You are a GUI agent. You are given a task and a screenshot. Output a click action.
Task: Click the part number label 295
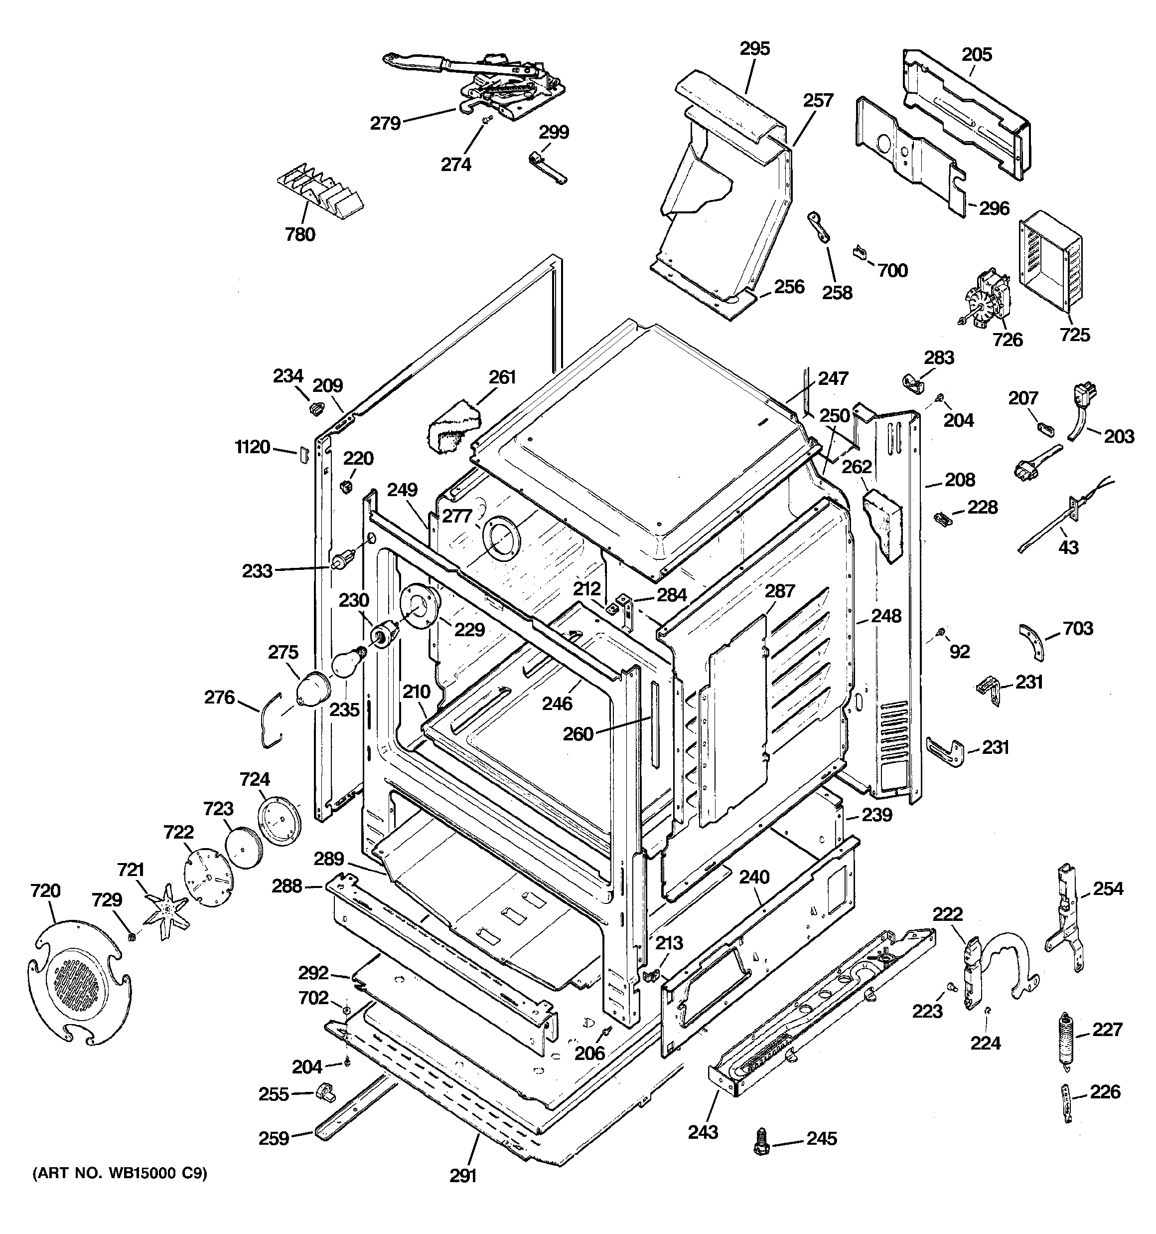point(754,48)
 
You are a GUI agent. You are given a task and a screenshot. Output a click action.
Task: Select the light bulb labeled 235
point(346,664)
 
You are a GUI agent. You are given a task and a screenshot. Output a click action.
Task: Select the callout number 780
point(299,235)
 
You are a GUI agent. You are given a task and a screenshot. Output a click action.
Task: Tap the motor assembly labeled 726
point(986,302)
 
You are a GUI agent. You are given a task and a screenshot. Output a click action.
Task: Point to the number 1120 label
point(253,447)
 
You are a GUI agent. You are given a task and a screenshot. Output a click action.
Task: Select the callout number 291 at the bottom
point(463,1176)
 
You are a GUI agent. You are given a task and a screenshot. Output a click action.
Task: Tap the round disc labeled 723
point(243,847)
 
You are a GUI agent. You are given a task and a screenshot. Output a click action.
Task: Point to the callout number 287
point(780,590)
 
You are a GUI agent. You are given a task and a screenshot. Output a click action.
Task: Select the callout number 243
point(703,1132)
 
